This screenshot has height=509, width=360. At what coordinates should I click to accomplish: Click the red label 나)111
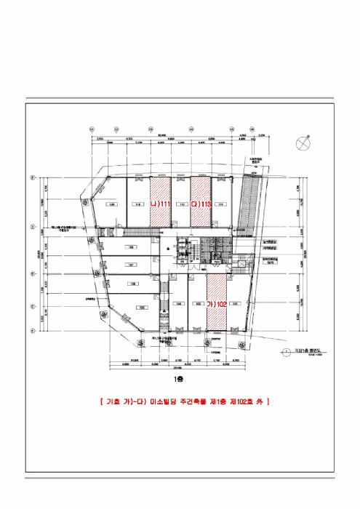click(x=161, y=205)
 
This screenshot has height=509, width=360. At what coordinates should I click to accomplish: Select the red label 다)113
click(x=201, y=205)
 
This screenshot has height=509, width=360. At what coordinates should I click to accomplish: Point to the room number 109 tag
click(x=113, y=205)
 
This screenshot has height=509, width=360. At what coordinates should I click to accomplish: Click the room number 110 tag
click(x=137, y=205)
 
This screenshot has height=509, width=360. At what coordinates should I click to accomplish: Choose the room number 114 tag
click(x=221, y=205)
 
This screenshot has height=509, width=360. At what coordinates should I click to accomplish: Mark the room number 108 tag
click(x=132, y=247)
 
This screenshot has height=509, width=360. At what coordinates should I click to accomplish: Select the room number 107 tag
click(x=132, y=265)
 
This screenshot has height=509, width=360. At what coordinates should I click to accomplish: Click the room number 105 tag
click(x=143, y=307)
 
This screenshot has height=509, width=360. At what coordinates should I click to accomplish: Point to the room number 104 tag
click(x=177, y=304)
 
